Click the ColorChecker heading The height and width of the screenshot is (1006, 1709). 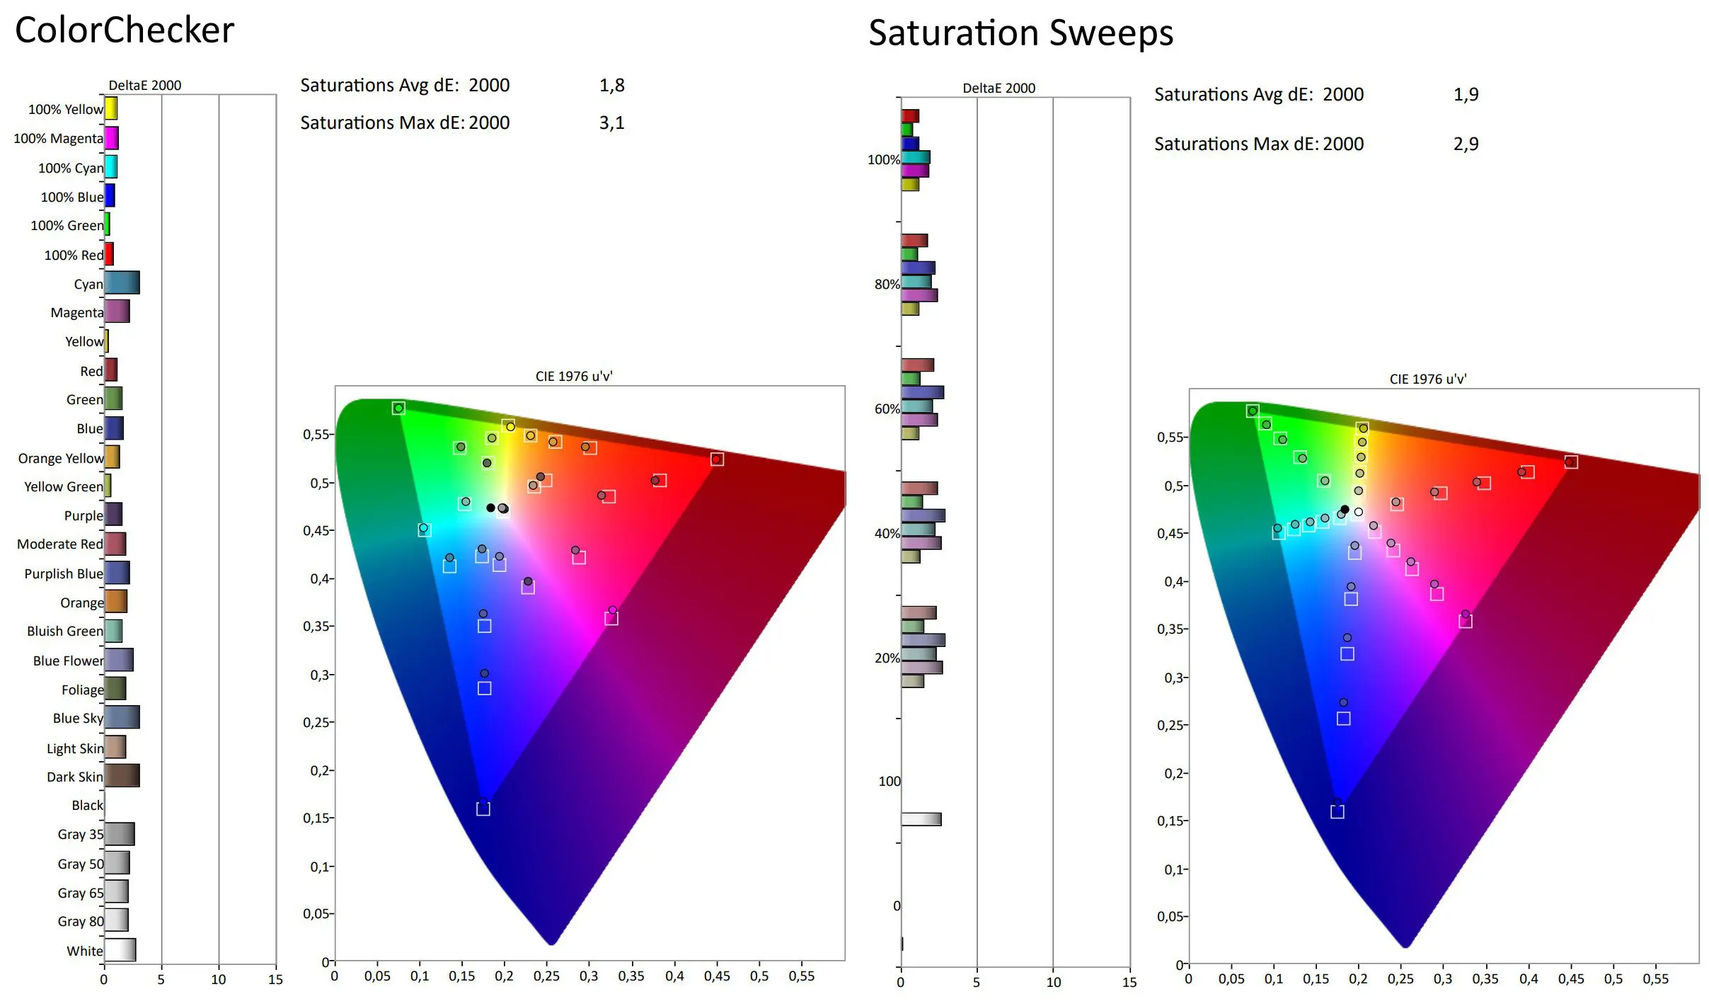click(x=125, y=30)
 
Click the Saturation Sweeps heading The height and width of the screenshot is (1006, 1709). click(x=1020, y=33)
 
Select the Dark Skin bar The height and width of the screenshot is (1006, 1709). click(x=122, y=775)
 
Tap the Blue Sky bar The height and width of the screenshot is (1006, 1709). click(x=122, y=717)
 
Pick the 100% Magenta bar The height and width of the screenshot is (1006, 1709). click(x=112, y=138)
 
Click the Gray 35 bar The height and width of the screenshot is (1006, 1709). click(x=120, y=834)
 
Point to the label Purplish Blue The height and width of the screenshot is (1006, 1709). click(x=64, y=573)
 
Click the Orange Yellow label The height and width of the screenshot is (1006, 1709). click(x=61, y=458)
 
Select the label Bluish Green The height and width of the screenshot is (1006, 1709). click(x=65, y=631)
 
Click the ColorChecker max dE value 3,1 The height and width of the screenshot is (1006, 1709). click(x=611, y=123)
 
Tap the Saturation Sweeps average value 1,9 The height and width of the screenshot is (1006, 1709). click(x=1466, y=95)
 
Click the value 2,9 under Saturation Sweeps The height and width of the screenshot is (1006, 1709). click(x=1466, y=144)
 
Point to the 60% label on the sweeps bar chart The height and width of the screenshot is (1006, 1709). click(x=887, y=409)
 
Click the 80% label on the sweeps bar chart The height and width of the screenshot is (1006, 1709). click(x=887, y=285)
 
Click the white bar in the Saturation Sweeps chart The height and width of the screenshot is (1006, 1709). click(x=921, y=819)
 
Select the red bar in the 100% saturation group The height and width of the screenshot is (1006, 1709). click(x=910, y=115)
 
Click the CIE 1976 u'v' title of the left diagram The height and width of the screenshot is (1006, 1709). click(x=574, y=376)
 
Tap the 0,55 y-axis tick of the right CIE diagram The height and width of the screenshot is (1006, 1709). click(x=1171, y=438)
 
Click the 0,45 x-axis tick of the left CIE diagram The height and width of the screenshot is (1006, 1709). click(x=716, y=976)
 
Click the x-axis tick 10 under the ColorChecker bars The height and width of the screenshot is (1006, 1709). click(x=219, y=980)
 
